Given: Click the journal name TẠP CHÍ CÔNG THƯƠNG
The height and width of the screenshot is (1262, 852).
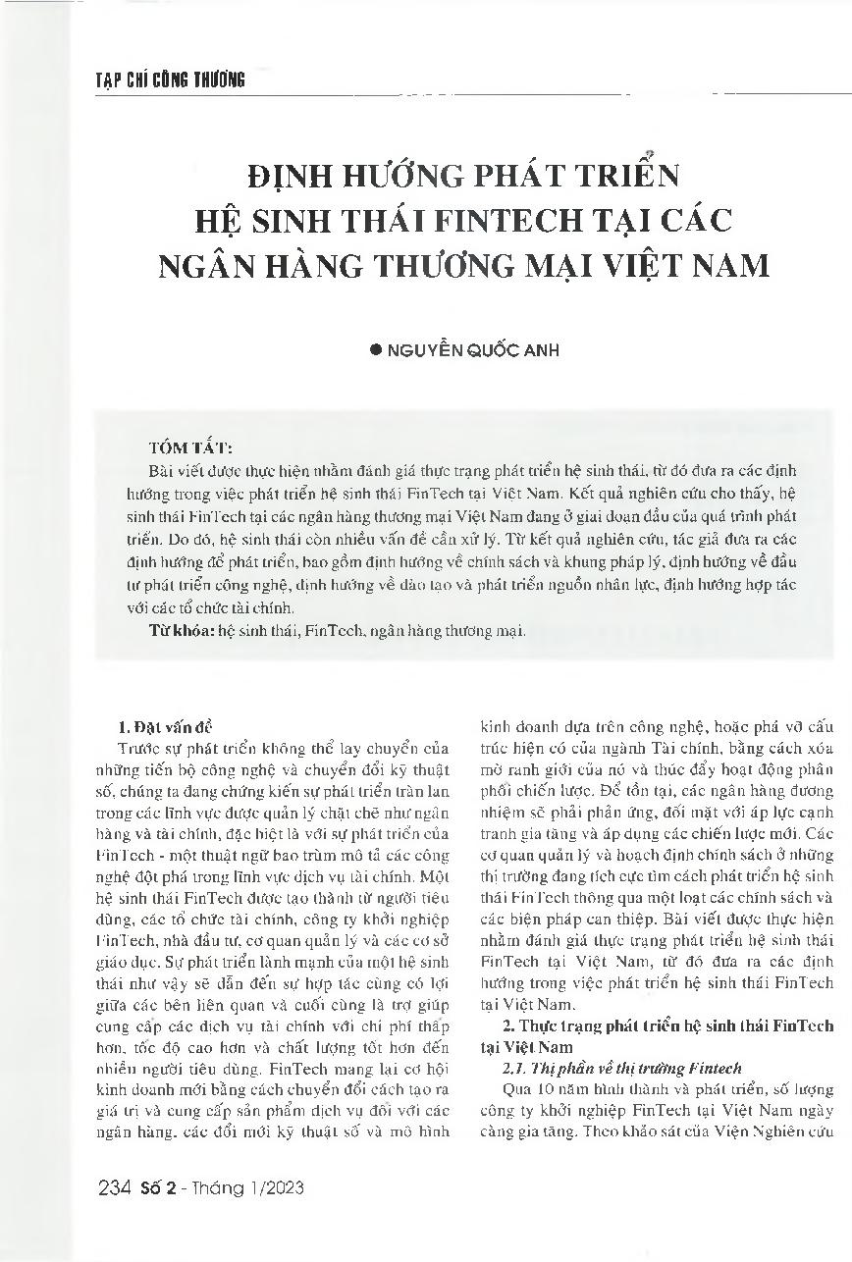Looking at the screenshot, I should [x=161, y=81].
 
